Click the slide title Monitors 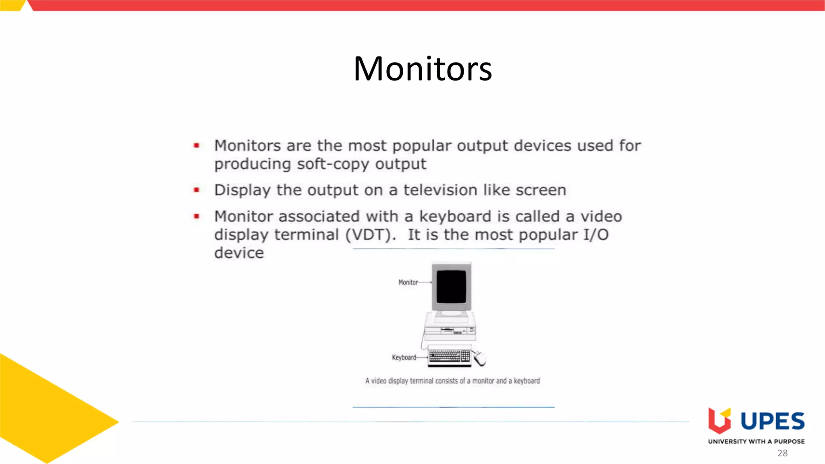pos(423,69)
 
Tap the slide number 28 pos(782,453)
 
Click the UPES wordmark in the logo pos(772,421)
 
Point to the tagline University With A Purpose pos(756,441)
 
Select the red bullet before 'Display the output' pos(197,190)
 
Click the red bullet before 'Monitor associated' pos(197,216)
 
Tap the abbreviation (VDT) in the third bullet pos(371,235)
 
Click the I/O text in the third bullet pos(596,235)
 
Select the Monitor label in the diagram pos(408,282)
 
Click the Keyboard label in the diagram pos(404,357)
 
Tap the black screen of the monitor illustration pos(451,286)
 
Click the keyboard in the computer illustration pos(449,356)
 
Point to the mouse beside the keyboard pos(479,358)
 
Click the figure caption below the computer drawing pos(452,381)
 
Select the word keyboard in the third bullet pos(455,217)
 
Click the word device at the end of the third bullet pos(239,253)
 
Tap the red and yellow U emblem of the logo pos(719,421)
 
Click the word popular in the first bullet pos(421,146)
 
